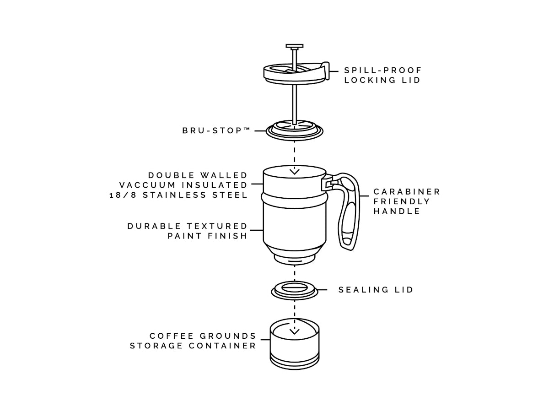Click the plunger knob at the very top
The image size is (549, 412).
[294, 46]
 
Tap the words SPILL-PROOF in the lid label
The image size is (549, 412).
[382, 70]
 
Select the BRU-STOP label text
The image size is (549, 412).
[216, 130]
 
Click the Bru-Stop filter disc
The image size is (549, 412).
[294, 130]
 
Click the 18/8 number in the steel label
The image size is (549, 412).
[123, 195]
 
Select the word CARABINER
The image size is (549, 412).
[406, 192]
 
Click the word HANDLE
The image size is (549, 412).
[397, 211]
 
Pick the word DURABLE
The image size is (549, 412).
[154, 226]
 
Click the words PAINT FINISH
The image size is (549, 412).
[207, 236]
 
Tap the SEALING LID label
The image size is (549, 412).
[376, 290]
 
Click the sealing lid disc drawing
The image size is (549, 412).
[294, 290]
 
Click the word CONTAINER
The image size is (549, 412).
[222, 346]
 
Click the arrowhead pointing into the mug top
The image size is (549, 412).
[294, 172]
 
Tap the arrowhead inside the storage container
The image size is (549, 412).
[294, 332]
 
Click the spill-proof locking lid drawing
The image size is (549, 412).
[296, 72]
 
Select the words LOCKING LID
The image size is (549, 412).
[382, 80]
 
